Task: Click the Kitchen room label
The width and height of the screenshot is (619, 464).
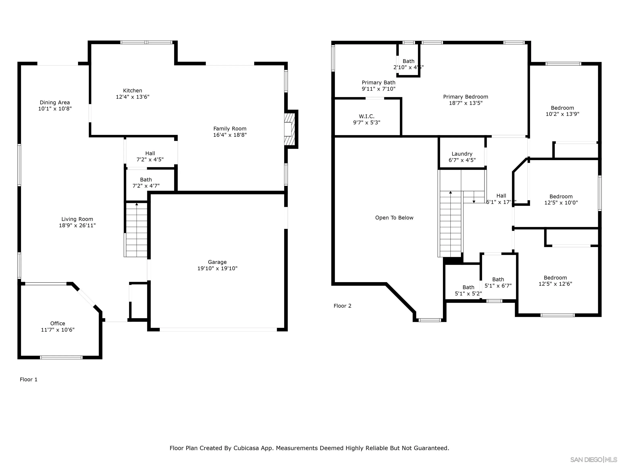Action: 132,91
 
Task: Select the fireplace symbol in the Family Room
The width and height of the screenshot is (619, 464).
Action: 290,129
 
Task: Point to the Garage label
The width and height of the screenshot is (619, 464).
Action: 217,262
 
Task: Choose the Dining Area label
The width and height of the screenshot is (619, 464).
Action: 55,103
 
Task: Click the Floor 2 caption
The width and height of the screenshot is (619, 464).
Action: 342,306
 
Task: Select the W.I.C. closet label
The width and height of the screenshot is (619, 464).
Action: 367,116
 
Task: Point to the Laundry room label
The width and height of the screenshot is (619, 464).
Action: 462,154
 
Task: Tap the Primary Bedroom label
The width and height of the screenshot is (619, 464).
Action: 465,97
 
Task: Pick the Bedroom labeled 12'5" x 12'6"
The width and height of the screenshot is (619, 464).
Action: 555,281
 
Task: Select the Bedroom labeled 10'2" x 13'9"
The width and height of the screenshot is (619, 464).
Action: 562,111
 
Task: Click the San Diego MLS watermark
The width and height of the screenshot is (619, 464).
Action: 593,460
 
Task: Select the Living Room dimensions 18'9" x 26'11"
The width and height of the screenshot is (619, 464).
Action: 77,225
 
